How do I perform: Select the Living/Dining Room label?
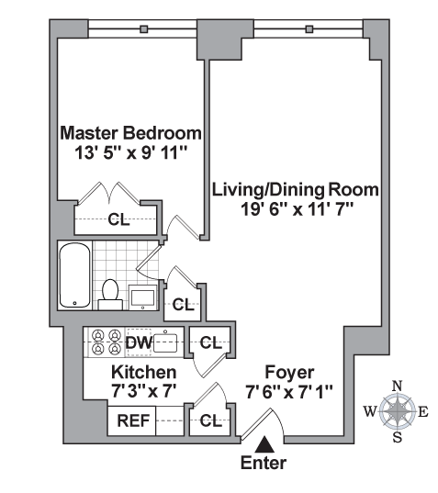tap(296, 190)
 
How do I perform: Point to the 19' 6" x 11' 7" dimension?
tap(296, 209)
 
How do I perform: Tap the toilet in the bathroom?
tap(110, 292)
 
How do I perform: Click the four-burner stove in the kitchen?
tap(103, 342)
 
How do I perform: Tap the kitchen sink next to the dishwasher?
tap(167, 343)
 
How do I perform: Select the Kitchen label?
tap(143, 373)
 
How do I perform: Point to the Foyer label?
tap(289, 373)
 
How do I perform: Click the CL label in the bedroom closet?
tap(118, 219)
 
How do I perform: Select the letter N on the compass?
tap(398, 386)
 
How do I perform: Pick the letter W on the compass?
tap(370, 411)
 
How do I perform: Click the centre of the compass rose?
tap(398, 411)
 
